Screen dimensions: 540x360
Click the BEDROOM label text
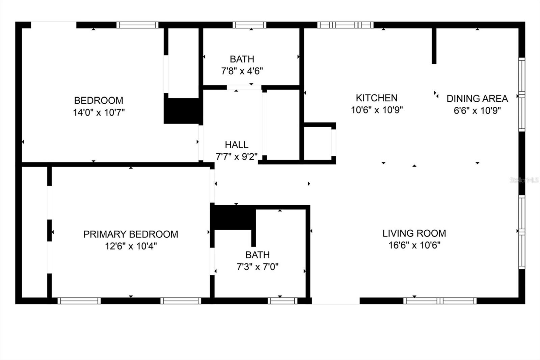99,100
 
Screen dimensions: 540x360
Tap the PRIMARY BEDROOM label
131,234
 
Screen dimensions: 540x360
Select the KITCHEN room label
377,98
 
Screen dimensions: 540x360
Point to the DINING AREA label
477,99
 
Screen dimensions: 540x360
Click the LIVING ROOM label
414,233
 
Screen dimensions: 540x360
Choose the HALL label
237,145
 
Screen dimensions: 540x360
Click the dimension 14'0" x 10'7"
99,112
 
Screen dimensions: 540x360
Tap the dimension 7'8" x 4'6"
242,71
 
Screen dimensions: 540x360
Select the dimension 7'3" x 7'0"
258,267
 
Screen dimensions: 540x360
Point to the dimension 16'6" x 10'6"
414,246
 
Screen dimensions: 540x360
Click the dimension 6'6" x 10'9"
477,111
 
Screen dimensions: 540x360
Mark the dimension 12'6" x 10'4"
131,246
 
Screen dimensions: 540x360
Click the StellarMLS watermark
524,180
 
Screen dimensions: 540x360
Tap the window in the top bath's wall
249,25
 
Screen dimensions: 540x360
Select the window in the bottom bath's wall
282,301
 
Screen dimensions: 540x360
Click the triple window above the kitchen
345,25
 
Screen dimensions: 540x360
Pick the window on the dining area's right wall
522,95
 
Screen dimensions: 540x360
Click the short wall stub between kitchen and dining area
434,46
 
